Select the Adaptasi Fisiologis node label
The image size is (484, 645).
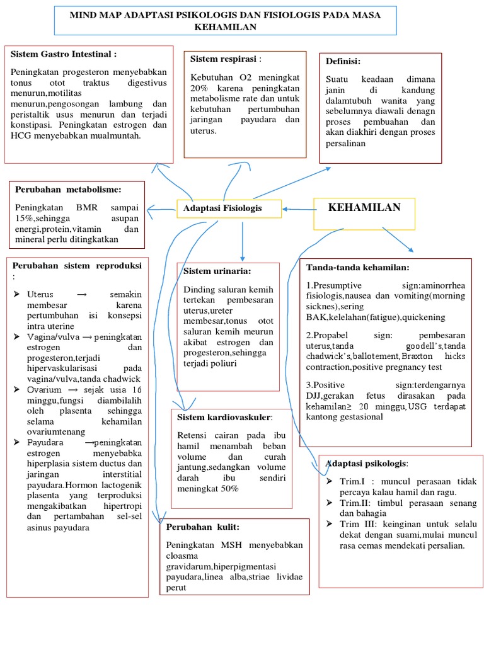click(222, 208)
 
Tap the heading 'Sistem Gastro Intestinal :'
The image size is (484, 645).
click(64, 55)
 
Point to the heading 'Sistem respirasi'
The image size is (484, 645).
click(224, 59)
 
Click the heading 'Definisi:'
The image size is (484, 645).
click(343, 61)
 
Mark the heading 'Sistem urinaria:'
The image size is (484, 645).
click(217, 271)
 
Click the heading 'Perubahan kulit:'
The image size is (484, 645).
click(203, 527)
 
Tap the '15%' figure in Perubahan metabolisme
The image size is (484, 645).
click(26, 217)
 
